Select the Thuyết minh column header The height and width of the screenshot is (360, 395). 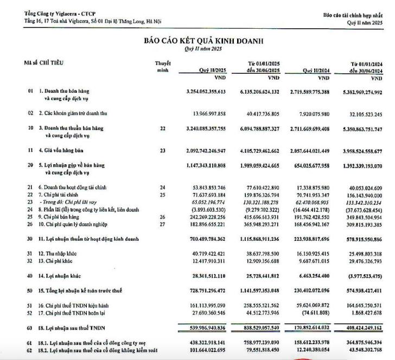pyautogui.click(x=163, y=66)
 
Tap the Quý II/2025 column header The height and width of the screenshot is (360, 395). pyautogui.click(x=213, y=69)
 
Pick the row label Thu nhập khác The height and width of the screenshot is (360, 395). pyautogui.click(x=61, y=254)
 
